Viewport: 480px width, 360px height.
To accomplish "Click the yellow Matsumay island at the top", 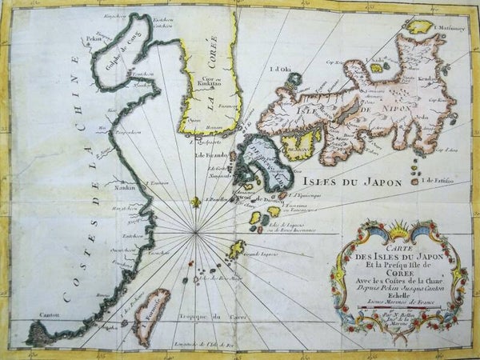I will (x=420, y=26).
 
